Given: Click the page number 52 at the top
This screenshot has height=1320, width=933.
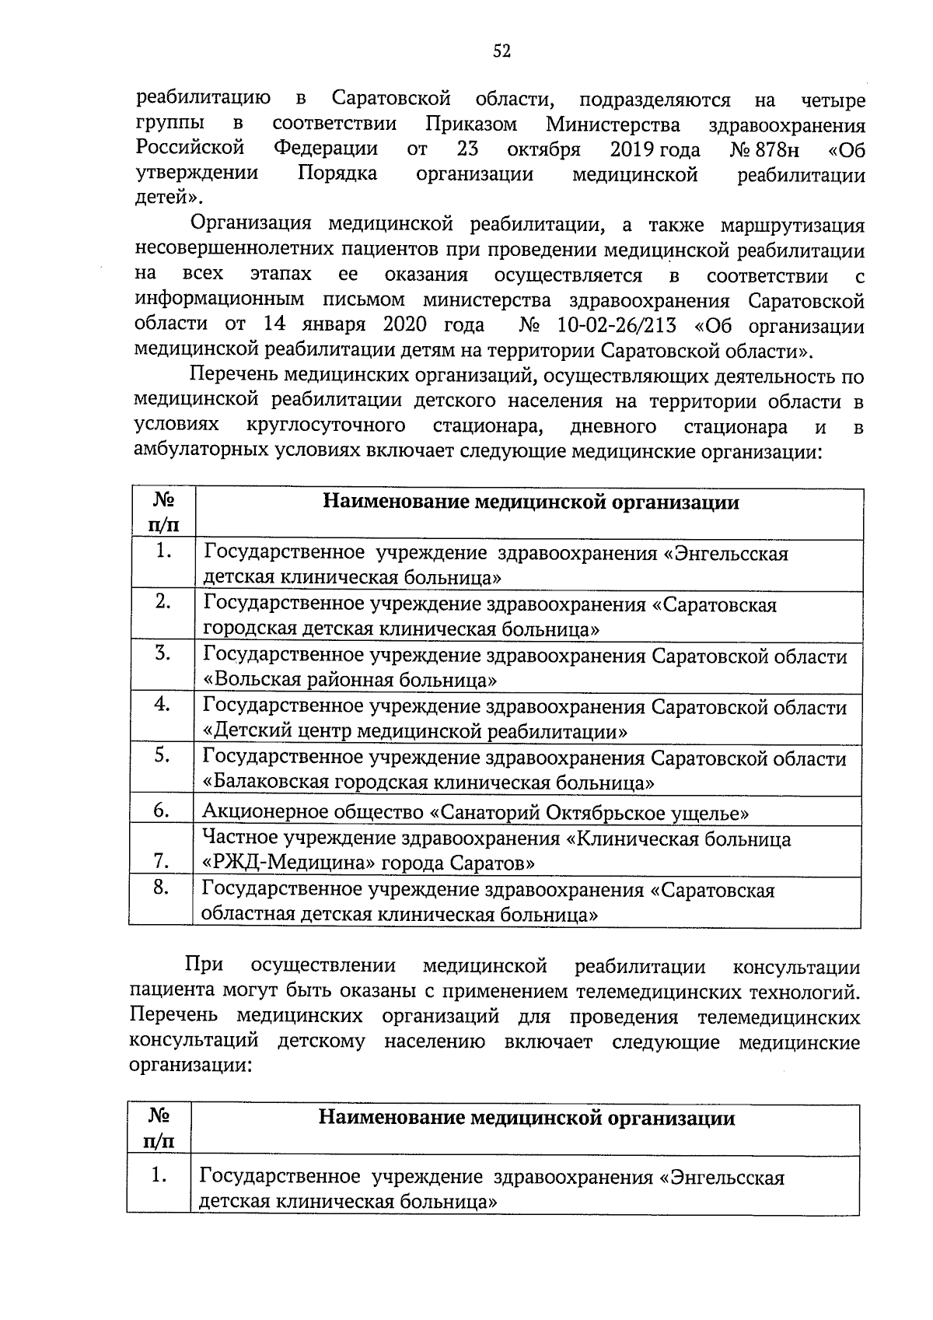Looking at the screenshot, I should (501, 51).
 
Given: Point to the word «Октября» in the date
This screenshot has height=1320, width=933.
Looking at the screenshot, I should (543, 149).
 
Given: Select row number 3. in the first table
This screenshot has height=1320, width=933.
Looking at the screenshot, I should (162, 654).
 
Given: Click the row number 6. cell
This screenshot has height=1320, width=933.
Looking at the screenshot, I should (162, 811).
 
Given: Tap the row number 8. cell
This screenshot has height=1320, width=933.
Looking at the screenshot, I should (162, 888).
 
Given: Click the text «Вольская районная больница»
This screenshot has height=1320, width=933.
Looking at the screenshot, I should (350, 681).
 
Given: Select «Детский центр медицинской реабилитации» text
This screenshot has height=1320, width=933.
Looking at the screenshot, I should (415, 732).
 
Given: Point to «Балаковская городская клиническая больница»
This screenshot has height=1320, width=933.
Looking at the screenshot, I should (428, 783).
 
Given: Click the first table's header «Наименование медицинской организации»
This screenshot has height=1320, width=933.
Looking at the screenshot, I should (530, 502).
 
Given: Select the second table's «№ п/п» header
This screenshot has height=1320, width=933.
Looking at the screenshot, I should (159, 1129).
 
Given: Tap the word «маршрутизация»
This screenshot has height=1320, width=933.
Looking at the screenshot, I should (792, 226).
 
